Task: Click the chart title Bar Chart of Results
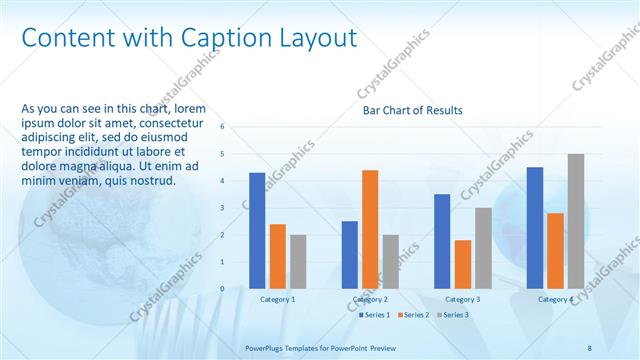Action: (412, 110)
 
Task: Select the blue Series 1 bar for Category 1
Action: (257, 230)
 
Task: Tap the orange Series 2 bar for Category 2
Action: (370, 229)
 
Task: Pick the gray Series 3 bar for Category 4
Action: (576, 221)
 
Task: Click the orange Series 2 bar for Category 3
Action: (463, 264)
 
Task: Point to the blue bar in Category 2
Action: (350, 254)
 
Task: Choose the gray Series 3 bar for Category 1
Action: (298, 261)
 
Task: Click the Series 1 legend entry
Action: (375, 315)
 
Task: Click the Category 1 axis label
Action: (278, 299)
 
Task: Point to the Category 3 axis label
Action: (463, 299)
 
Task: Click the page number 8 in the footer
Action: (590, 347)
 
